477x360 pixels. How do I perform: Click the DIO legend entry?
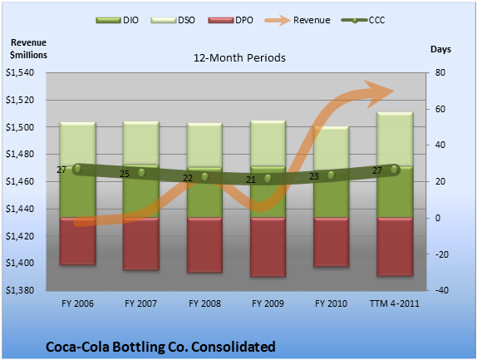click(x=117, y=21)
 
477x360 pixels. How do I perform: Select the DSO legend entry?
click(x=173, y=21)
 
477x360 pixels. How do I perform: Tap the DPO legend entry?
click(x=230, y=21)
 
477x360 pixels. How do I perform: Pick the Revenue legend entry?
click(x=298, y=21)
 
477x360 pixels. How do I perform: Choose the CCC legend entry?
click(x=363, y=21)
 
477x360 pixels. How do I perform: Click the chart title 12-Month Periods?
click(x=239, y=58)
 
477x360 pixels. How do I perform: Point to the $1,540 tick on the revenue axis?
click(x=20, y=72)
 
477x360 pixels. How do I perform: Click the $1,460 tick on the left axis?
click(x=20, y=182)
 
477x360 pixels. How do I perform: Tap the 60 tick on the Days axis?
click(x=440, y=109)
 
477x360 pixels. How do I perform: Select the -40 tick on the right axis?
click(x=442, y=290)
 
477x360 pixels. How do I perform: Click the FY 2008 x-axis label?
click(x=204, y=303)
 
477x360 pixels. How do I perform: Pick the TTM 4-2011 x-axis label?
click(x=395, y=303)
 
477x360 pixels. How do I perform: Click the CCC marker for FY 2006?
click(x=77, y=168)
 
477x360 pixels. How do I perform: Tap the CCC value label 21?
click(x=251, y=180)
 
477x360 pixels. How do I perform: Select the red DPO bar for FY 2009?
click(x=268, y=247)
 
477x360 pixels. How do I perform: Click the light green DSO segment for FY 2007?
click(x=140, y=143)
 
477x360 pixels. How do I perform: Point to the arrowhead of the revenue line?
click(x=379, y=94)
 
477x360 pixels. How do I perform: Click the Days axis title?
click(x=440, y=49)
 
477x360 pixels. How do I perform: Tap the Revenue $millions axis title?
click(x=28, y=49)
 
